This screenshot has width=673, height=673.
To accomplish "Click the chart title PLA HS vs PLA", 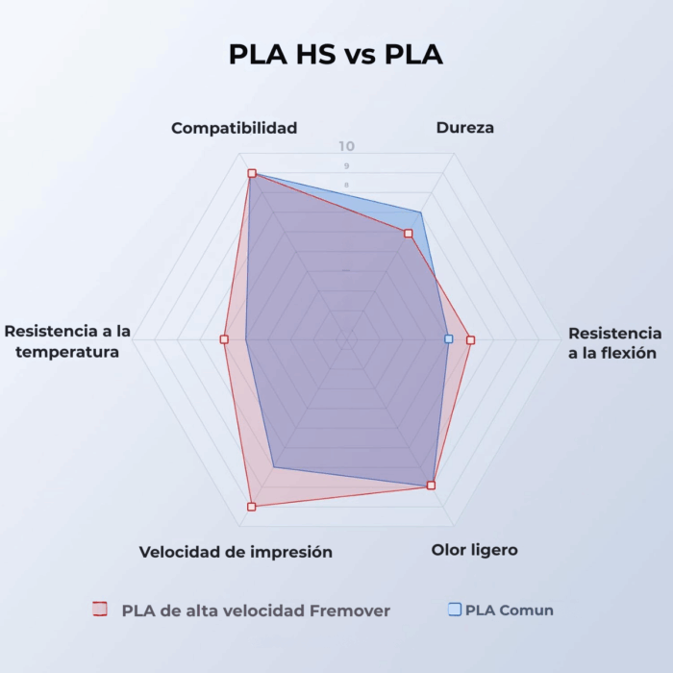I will click(x=336, y=55).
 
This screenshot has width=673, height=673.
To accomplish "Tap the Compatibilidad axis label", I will click(x=234, y=128).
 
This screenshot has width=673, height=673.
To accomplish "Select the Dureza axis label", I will click(x=464, y=128).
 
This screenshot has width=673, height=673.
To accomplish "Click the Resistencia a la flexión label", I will click(x=614, y=343).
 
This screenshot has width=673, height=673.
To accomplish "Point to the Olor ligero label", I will click(x=474, y=550).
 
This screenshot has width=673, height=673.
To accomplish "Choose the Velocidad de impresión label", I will click(x=236, y=552).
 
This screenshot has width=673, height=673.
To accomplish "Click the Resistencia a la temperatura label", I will click(x=67, y=341).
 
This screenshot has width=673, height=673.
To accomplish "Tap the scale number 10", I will click(x=346, y=147).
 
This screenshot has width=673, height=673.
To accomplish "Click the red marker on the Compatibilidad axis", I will click(x=252, y=174).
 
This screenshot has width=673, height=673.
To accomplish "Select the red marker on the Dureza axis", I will click(x=409, y=234).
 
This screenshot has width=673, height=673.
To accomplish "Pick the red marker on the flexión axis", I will click(x=470, y=339).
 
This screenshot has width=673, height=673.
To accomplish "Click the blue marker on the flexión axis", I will click(x=449, y=339).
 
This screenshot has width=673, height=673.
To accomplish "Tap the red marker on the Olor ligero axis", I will click(x=431, y=486).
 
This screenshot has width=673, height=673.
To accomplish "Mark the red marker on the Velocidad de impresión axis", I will click(x=252, y=506).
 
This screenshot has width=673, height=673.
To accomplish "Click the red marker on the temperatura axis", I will click(x=224, y=339).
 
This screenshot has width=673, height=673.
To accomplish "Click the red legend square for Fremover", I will click(x=99, y=610).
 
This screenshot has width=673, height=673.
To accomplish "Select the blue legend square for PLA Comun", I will click(x=455, y=610).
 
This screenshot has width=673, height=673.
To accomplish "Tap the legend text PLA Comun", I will click(x=510, y=610).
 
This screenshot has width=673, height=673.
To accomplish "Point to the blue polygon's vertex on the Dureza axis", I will click(x=420, y=212).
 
